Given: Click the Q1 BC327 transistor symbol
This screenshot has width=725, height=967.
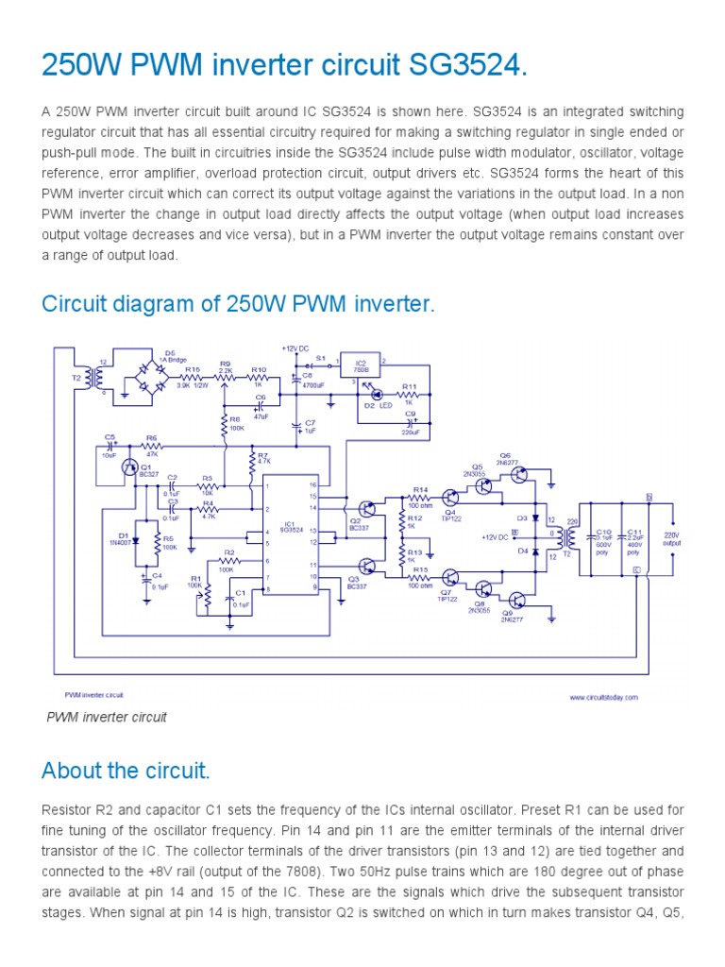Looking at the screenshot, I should [x=130, y=467].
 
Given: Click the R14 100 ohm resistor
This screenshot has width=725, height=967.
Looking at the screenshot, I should [x=420, y=498].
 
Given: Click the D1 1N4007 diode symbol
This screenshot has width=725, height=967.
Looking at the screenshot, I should [x=136, y=539].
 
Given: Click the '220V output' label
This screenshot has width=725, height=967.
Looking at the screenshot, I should [x=671, y=538].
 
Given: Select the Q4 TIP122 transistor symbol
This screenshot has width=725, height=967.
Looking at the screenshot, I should [x=452, y=498].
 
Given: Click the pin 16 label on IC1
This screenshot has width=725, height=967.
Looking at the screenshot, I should [x=312, y=484].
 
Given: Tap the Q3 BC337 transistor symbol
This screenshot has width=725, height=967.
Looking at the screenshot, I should [x=367, y=566].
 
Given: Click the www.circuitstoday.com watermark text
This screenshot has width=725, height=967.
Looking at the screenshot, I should [x=603, y=697].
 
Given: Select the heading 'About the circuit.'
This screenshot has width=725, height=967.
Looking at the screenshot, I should [x=126, y=771].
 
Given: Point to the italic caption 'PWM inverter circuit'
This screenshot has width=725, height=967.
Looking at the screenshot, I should [x=107, y=717].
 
